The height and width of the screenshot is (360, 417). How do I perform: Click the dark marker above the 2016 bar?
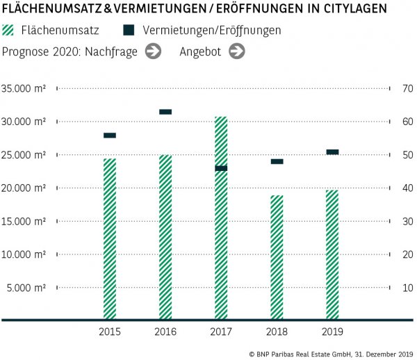165,112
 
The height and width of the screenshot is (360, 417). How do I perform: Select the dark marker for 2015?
110,136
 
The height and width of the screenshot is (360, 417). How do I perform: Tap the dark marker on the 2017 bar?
221,168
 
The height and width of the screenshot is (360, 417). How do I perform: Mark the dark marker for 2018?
277,161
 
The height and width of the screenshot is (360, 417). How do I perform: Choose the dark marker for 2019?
332,152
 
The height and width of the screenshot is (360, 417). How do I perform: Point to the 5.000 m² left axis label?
27,287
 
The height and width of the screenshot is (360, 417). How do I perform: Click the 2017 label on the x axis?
221,332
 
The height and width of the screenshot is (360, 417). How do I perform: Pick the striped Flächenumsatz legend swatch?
9,31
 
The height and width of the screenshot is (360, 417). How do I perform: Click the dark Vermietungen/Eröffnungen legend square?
129,31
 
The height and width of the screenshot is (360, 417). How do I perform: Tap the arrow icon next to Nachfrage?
154,51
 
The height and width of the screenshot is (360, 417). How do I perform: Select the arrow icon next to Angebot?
237,51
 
